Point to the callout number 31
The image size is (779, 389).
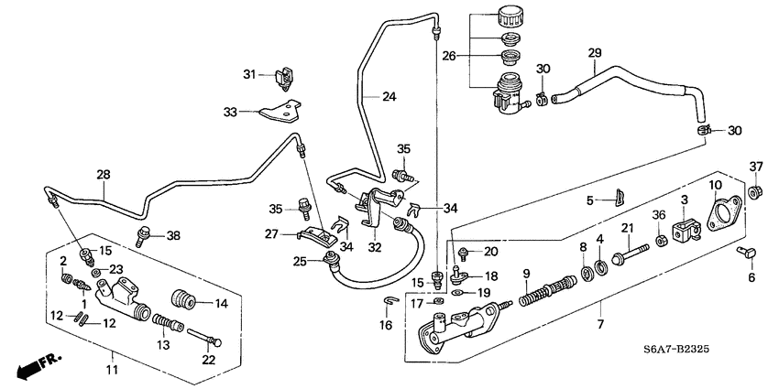coord(249,73)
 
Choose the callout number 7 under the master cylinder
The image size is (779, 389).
coord(601,325)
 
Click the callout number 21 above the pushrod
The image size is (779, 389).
coord(628,228)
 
